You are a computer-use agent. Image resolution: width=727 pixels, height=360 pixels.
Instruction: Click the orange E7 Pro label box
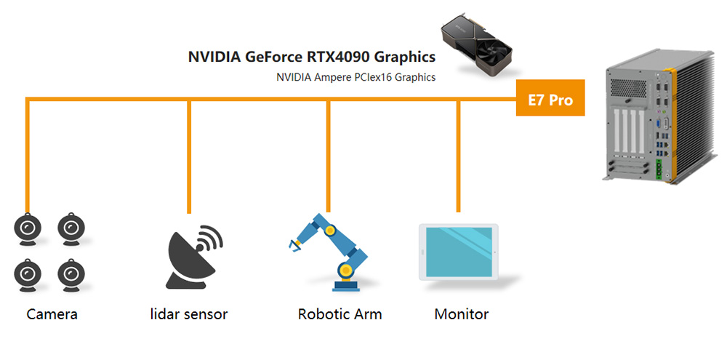tap(550, 98)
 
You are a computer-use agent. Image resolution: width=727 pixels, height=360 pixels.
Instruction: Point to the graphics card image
tap(477, 44)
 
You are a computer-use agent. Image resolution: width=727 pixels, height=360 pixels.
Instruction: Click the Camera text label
tap(52, 315)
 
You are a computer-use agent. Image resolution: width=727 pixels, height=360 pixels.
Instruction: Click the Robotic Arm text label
tap(340, 315)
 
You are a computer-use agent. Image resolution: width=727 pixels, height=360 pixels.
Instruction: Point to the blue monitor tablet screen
tap(458, 251)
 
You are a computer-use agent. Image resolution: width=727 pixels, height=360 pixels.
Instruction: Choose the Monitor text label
tap(461, 315)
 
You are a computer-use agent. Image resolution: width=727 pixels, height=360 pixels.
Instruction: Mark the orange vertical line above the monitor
tap(458, 156)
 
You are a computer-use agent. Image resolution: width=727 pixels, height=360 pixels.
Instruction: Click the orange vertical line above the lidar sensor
tap(189, 156)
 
